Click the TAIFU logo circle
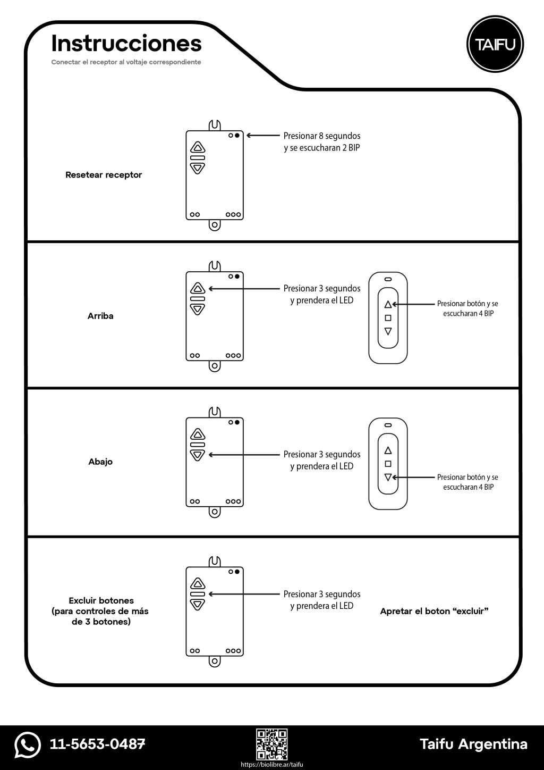495,45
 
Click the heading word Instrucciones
126,44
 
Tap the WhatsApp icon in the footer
28,744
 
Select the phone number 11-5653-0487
97,744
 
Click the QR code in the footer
272,743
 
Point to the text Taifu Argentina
473,744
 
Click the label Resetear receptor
104,175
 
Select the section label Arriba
100,316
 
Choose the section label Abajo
100,462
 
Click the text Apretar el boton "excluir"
434,612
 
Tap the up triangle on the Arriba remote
388,304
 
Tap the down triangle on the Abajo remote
388,478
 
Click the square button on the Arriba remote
388,318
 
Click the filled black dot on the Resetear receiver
237,136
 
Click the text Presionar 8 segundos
322,136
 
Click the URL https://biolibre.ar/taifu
272,764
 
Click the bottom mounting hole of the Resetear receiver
214,225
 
